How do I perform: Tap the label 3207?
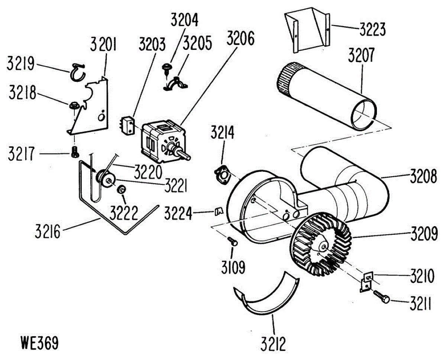[x=361, y=56]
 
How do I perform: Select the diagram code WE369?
[x=40, y=343]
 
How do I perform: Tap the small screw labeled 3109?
[x=233, y=241]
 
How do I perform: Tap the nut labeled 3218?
[x=73, y=106]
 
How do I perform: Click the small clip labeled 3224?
[x=218, y=211]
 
